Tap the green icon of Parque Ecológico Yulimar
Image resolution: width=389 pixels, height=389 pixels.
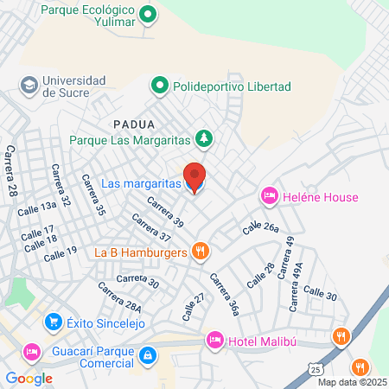point(148,14)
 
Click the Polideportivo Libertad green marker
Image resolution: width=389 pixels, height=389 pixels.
point(159,86)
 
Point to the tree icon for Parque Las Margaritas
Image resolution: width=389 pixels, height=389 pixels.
point(204,137)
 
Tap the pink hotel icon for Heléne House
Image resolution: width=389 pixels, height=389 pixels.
point(269,197)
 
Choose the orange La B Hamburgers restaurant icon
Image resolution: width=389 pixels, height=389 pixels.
point(201,252)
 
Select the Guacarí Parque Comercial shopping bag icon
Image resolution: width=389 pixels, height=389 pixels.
point(149,354)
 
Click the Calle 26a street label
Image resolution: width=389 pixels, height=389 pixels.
point(260,226)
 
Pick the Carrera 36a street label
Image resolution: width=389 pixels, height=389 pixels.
point(223,294)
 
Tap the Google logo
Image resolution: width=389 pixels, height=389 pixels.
point(29,378)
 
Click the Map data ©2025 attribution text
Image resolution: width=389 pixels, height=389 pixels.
point(352,381)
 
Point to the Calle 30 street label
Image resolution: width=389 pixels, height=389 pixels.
point(319,295)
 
